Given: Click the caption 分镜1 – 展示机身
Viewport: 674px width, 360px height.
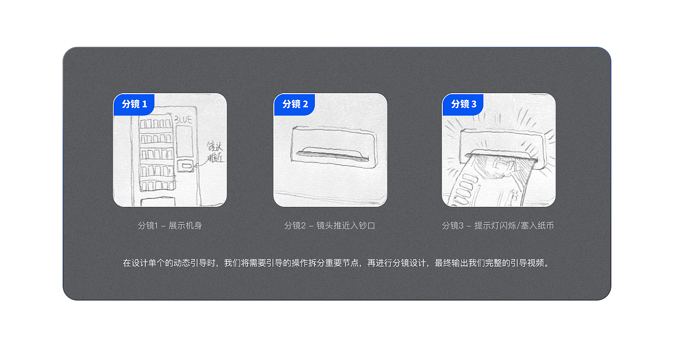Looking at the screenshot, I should click(x=170, y=226).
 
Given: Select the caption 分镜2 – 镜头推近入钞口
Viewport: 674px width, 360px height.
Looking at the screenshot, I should click(x=330, y=226).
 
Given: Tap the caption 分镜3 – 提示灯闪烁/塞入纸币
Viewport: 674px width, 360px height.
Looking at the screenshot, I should click(x=498, y=226).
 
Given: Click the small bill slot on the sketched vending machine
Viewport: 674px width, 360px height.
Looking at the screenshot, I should click(x=186, y=166).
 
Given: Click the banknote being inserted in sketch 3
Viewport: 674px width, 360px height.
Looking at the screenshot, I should click(x=487, y=182).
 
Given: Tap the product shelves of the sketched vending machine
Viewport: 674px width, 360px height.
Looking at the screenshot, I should click(x=156, y=153).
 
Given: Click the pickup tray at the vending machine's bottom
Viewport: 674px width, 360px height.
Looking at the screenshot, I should click(x=158, y=202).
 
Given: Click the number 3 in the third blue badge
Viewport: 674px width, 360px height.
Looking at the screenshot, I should click(x=473, y=104).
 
